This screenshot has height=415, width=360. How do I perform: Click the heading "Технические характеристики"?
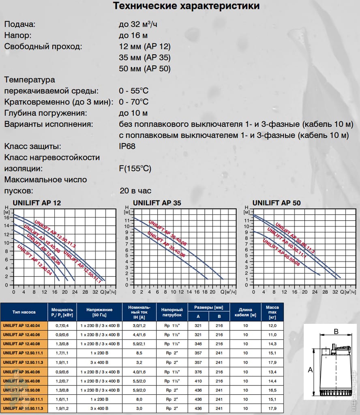(x=186, y=6)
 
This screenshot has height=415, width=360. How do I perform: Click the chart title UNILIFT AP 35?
(x=157, y=203)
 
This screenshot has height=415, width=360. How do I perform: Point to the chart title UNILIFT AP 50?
(x=276, y=203)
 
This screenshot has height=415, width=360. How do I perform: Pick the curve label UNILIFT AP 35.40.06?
(x=166, y=245)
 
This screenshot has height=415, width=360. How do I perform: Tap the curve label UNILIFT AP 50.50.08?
(x=281, y=252)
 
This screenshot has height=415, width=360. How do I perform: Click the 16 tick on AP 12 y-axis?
(x=6, y=217)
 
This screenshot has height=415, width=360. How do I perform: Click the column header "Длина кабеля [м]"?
(x=245, y=312)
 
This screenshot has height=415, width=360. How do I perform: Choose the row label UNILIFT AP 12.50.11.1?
(x=24, y=352)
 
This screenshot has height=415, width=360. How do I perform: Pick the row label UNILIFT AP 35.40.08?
(x=24, y=381)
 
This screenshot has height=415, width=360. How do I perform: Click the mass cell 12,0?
(x=272, y=325)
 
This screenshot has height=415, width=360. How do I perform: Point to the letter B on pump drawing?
(x=336, y=332)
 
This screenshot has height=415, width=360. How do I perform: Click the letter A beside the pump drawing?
(x=311, y=370)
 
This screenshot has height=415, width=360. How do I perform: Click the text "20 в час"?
(x=135, y=190)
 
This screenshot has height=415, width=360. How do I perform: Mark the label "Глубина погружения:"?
(x=46, y=113)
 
